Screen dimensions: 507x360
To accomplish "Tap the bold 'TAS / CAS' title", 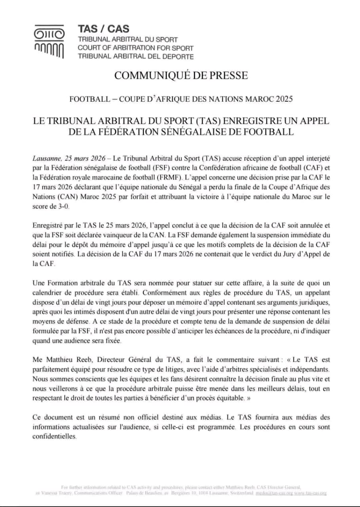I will (103, 29).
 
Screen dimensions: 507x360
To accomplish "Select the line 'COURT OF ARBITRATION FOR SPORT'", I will (135, 48).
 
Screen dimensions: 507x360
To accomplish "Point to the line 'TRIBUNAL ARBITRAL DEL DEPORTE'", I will (135, 56).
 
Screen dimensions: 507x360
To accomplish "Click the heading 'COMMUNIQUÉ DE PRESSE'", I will (181, 75).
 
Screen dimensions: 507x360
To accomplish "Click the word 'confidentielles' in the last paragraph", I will (54, 436).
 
